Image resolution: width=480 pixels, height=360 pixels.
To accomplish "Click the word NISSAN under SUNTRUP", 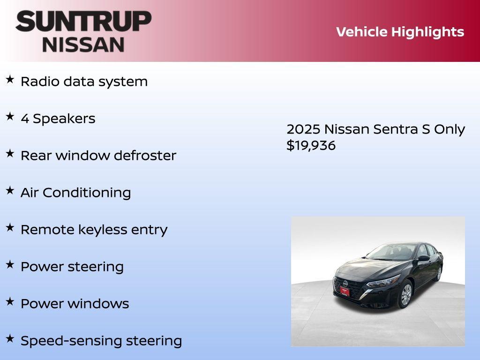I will coord(83,45).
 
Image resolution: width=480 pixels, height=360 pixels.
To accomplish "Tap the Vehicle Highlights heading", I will coord(400,32).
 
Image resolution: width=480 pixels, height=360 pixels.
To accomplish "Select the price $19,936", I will coord(311,145).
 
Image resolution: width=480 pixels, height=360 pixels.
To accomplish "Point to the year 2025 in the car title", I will coord(303,129).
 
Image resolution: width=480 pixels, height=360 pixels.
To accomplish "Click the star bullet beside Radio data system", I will coord(10,80).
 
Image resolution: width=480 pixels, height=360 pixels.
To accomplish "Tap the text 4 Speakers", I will coord(58,119).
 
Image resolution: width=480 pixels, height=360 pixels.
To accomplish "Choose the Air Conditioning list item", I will coord(75,193).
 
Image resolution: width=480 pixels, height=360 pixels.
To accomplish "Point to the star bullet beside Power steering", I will coord(10,265).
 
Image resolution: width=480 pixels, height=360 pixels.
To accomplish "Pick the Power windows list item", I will coord(75,304).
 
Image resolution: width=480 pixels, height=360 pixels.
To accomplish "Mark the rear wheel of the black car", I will coord(439,273).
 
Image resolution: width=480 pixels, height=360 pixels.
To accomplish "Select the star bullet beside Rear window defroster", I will coord(10,154).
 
